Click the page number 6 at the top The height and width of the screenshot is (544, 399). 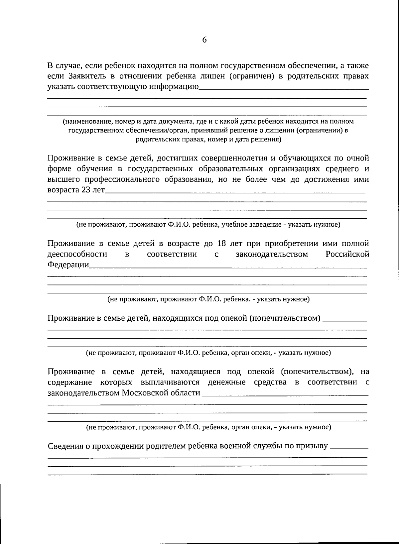(204, 40)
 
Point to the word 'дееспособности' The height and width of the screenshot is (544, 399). (77, 254)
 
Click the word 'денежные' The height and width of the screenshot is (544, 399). (226, 382)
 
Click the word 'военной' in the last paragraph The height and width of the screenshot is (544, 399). (235, 446)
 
